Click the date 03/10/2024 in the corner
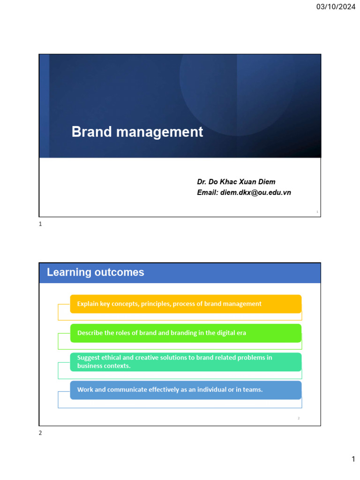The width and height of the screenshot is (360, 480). point(336,7)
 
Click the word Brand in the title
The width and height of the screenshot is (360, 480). point(91,132)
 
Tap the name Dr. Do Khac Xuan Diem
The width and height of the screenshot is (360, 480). point(236,182)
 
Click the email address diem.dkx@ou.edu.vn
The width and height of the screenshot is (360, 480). point(255,193)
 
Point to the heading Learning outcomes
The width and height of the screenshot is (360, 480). point(96,272)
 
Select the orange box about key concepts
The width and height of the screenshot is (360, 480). point(186,304)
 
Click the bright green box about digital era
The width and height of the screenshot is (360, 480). point(186,333)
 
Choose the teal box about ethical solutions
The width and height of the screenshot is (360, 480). point(186,362)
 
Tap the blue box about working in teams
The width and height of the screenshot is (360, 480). point(186,390)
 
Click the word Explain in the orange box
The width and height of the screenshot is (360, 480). point(88,304)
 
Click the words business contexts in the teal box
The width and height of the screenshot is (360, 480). point(104,366)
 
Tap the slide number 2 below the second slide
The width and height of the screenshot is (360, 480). point(40,433)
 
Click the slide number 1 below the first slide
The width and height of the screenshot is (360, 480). point(40,224)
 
